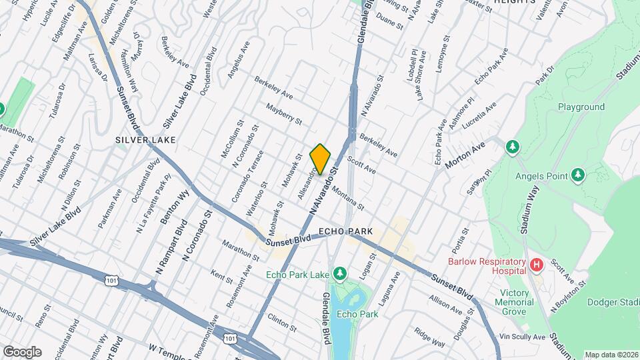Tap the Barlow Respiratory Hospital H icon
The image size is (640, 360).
coord(536,266)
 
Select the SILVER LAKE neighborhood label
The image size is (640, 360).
coord(145,140)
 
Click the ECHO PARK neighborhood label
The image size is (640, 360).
coord(345,231)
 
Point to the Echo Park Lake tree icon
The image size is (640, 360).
coord(341,273)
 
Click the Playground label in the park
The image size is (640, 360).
coord(581,107)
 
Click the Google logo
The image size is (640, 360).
coord(22,351)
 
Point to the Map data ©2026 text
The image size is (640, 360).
coord(611,355)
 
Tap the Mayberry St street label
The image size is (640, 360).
coord(284,113)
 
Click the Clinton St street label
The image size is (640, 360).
coord(282,323)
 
